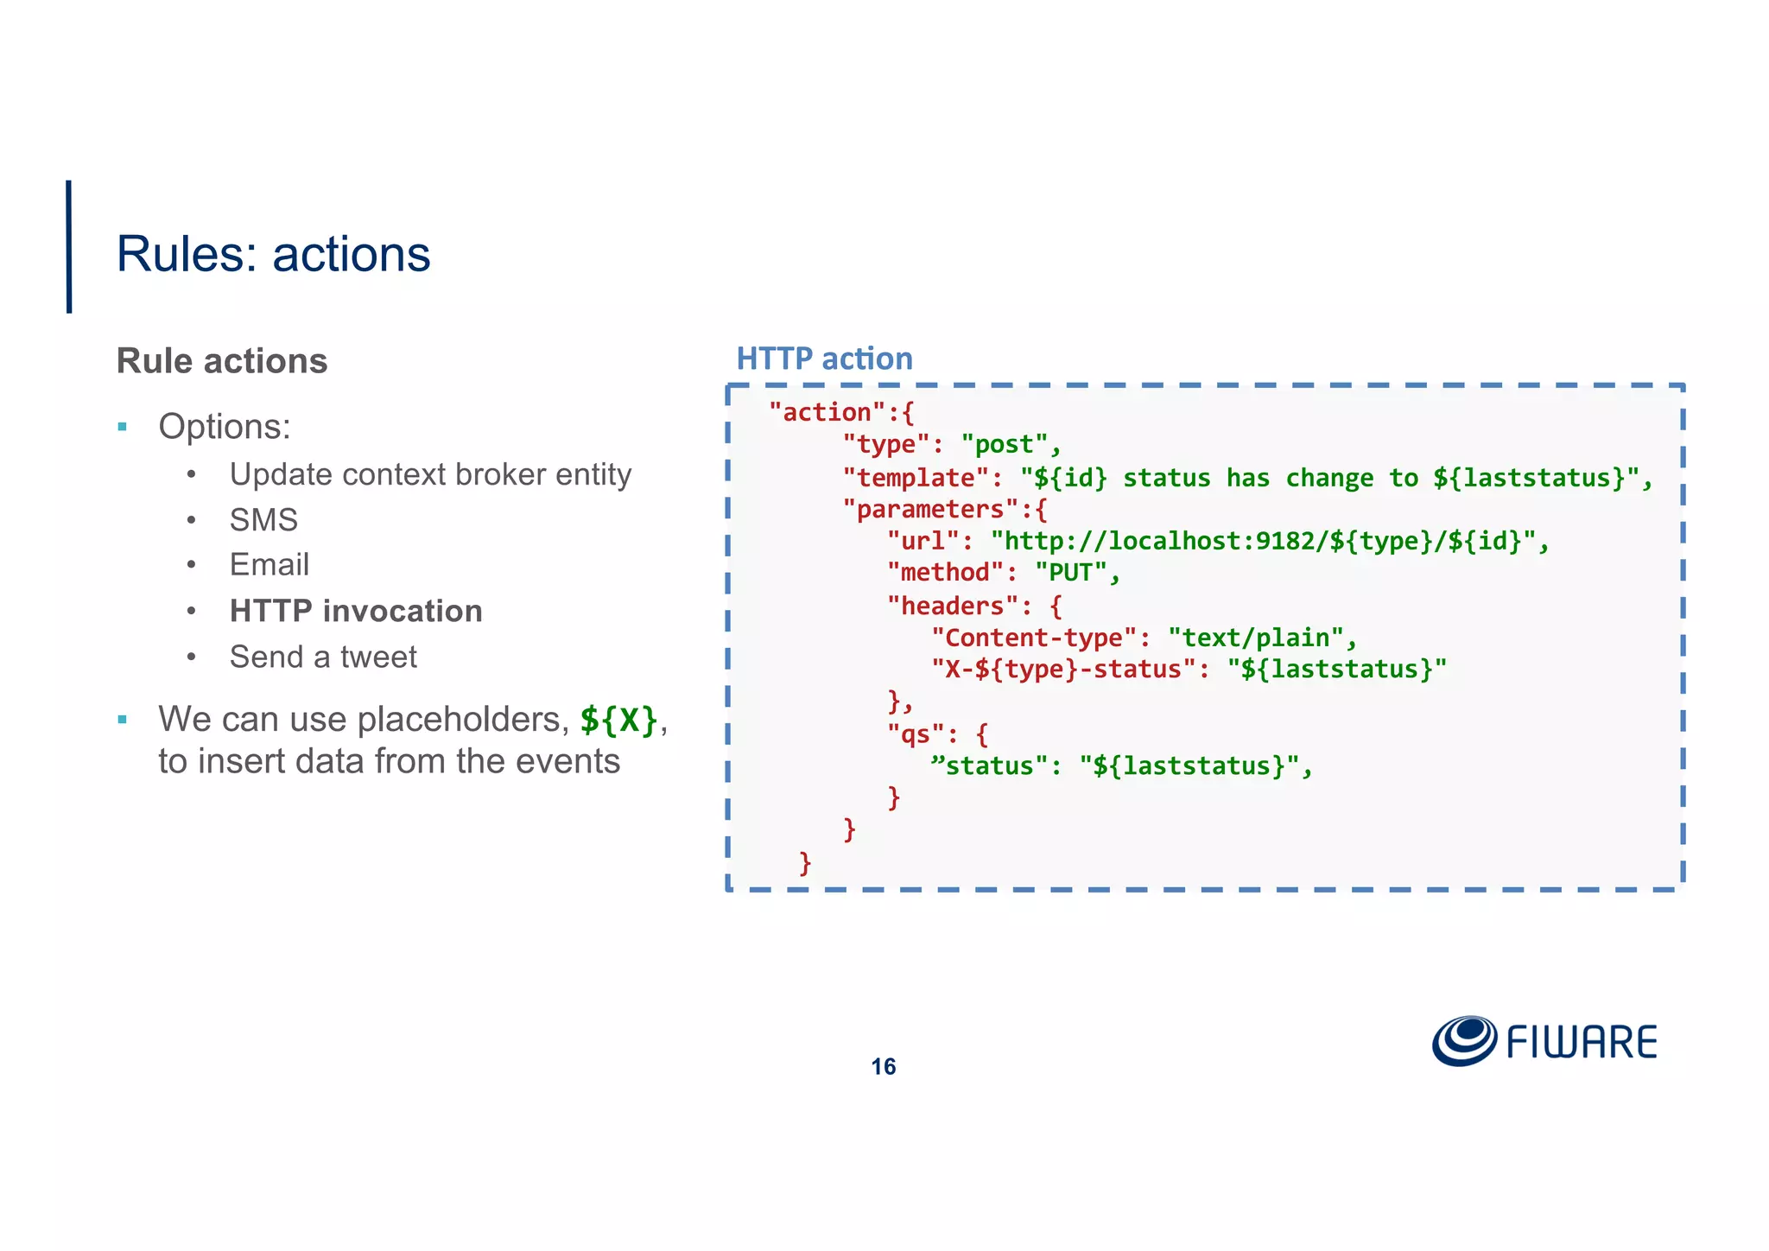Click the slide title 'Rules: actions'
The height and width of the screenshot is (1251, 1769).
click(273, 254)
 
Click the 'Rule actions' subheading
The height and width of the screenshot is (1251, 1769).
click(222, 361)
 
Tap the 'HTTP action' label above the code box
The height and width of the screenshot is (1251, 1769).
click(824, 359)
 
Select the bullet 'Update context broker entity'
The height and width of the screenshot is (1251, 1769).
click(430, 474)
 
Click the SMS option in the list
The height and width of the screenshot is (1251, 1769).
click(263, 520)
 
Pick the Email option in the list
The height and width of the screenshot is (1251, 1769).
click(269, 565)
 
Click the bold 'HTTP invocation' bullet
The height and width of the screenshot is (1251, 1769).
click(356, 611)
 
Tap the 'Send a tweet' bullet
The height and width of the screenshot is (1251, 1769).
click(323, 657)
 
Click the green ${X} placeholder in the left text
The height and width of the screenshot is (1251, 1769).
click(618, 719)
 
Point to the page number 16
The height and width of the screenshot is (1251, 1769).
click(883, 1067)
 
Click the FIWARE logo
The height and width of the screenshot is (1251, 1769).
click(1544, 1041)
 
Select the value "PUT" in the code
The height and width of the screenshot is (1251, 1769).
click(1070, 573)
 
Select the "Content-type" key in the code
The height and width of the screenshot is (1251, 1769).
click(1033, 638)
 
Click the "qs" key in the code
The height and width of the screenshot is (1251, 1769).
click(915, 734)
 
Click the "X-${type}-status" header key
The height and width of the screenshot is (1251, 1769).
click(1062, 670)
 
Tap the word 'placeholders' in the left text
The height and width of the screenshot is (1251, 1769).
click(462, 719)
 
